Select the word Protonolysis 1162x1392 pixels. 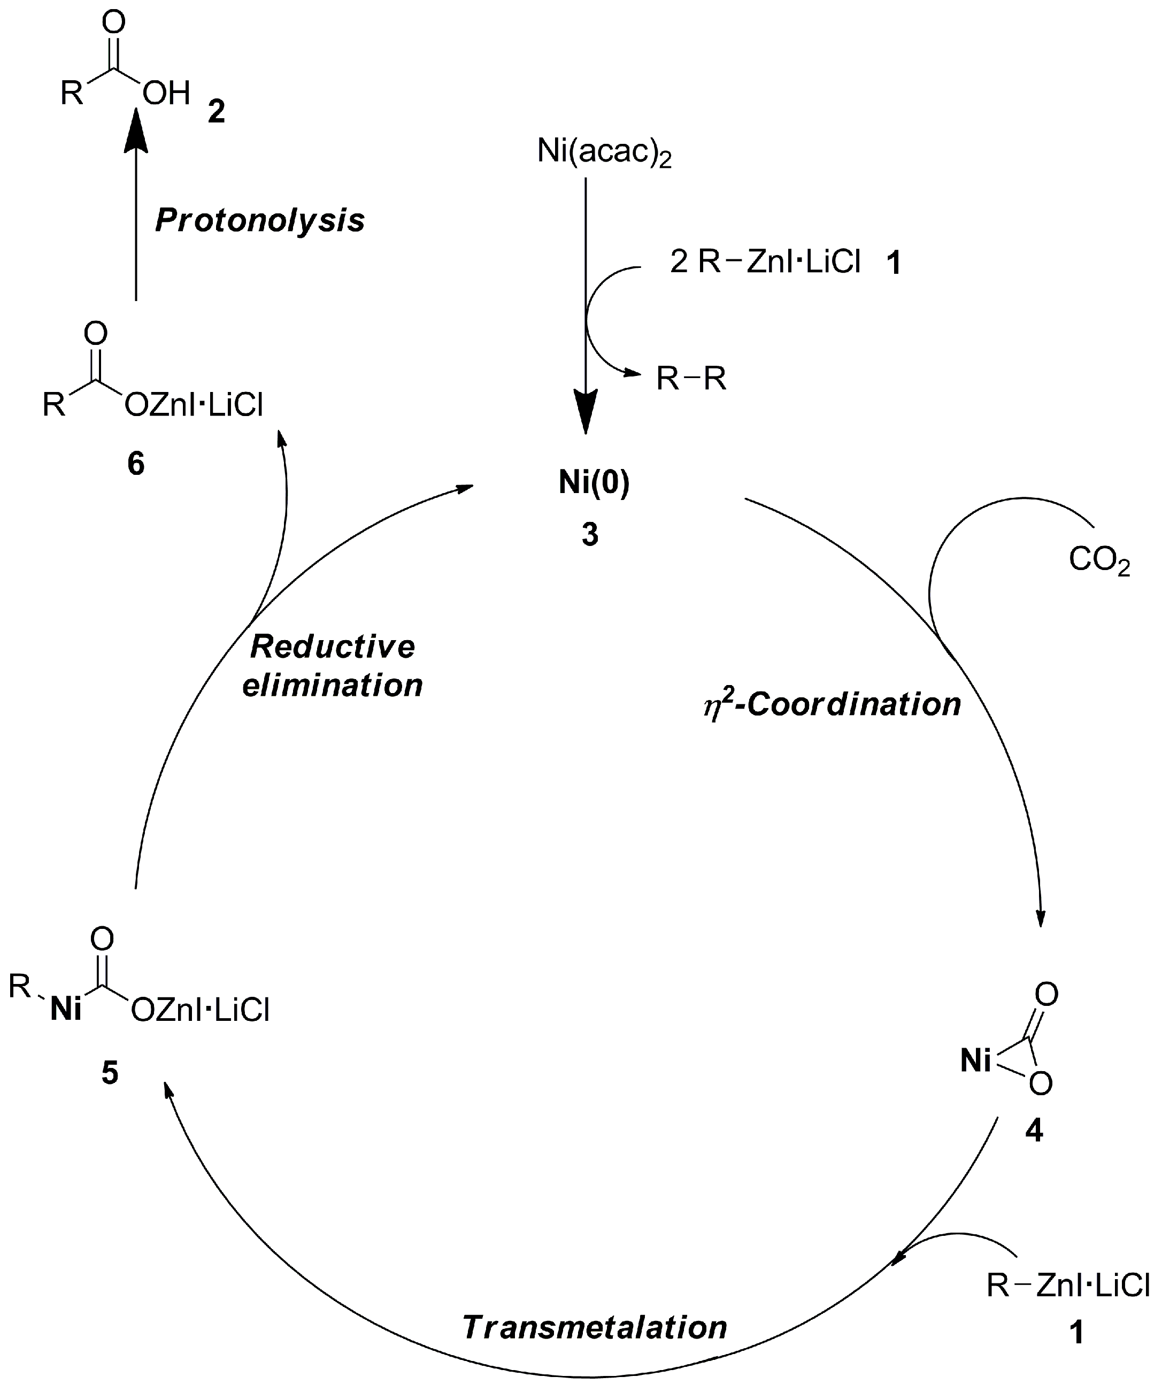point(260,221)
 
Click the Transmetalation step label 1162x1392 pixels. point(595,1328)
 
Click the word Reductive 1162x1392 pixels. point(332,647)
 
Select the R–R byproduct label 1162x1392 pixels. point(691,379)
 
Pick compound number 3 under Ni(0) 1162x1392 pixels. point(590,534)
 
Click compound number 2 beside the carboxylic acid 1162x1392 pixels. point(216,111)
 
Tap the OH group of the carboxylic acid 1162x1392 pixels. point(166,94)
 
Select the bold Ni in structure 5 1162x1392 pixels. point(66,1010)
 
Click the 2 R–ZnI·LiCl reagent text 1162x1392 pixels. point(766,263)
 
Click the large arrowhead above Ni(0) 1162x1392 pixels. point(586,411)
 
